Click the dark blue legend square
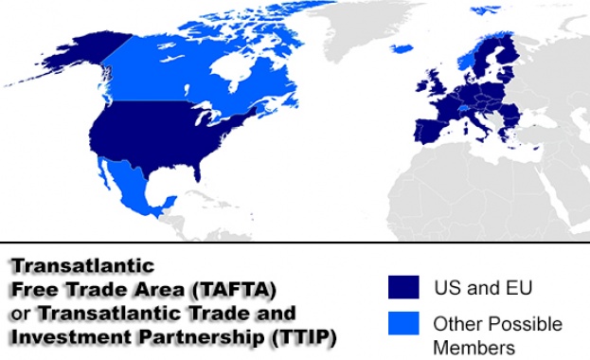click(x=403, y=287)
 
